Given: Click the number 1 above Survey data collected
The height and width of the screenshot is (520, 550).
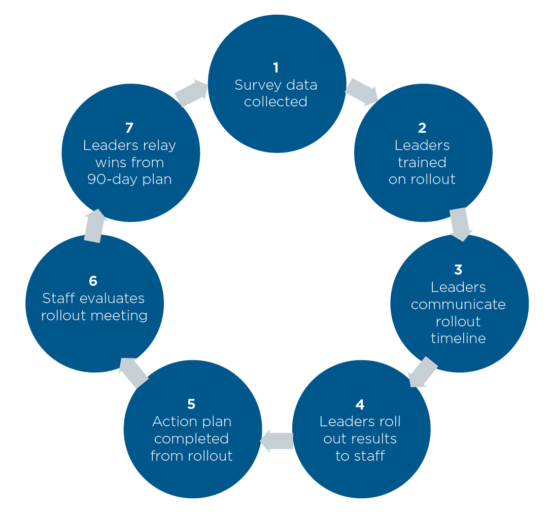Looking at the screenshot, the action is point(276,67).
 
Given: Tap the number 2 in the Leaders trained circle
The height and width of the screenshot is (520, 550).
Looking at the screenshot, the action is point(422,128).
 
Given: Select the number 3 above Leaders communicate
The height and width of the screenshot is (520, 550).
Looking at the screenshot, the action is point(458,270).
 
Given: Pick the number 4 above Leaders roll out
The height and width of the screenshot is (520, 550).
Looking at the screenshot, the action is point(360,405).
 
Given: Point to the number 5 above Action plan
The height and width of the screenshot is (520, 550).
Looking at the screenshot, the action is point(191,404).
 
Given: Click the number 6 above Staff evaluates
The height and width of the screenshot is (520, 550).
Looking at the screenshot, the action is point(93,281).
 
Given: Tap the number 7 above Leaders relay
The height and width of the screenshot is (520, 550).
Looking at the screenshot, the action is point(129,128).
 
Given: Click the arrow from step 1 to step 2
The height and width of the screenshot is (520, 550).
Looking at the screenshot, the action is point(362,92).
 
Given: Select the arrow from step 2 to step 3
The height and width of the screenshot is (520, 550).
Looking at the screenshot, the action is point(461,224).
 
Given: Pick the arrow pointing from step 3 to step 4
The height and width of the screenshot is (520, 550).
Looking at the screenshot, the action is point(423,372).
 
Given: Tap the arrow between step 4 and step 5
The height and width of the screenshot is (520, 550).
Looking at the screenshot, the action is point(277,440).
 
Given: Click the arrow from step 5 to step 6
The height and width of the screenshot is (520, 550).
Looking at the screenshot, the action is point(133,373).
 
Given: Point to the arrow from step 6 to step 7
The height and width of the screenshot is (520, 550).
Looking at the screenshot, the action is point(95,226).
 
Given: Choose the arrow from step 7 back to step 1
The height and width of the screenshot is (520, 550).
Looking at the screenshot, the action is point(191,93).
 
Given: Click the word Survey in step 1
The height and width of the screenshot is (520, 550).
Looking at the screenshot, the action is point(258,86).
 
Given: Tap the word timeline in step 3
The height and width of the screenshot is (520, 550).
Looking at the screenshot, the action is point(458,339).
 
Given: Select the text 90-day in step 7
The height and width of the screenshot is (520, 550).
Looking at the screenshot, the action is point(113,180).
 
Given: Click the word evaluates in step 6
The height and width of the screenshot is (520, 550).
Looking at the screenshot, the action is point(112,299).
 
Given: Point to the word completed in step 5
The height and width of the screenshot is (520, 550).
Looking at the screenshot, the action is point(191,439).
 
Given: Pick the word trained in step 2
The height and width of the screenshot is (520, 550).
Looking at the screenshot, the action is point(422,163).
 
